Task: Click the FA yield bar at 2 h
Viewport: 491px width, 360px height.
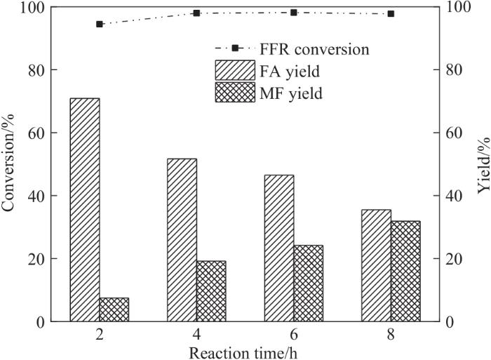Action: pos(84,210)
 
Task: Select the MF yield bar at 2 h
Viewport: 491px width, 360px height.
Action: pos(114,309)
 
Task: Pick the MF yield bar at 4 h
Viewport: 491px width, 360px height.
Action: pos(211,291)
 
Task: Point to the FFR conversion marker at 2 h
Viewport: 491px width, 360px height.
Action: pos(100,24)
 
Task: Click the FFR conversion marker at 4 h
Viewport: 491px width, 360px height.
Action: pos(196,13)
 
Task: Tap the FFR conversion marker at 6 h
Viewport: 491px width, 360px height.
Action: pos(294,13)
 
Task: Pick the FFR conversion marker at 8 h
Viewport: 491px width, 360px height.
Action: pos(391,14)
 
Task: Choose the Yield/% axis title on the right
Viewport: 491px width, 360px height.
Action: pos(483,165)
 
